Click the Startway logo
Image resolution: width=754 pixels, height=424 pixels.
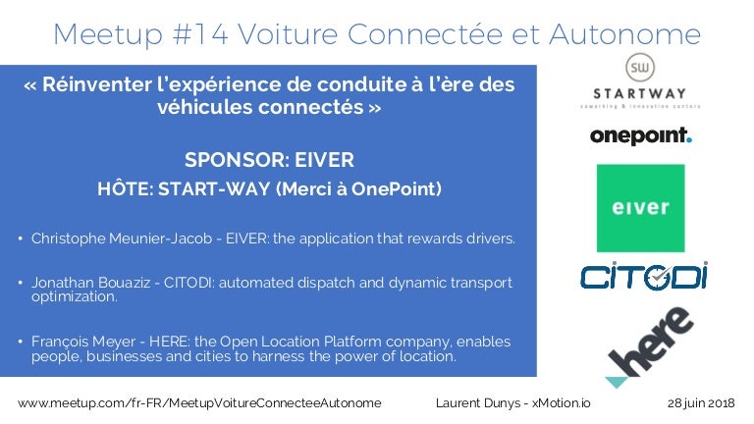(x=640, y=80)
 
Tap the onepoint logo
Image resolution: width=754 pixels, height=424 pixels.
(x=641, y=135)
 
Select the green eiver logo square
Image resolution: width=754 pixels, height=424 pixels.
(x=640, y=208)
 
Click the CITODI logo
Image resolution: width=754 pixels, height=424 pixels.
(x=644, y=276)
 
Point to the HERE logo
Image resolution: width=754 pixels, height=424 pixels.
(x=649, y=347)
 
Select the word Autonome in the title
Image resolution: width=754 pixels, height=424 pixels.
(x=624, y=34)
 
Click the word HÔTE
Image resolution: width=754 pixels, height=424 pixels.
(x=125, y=188)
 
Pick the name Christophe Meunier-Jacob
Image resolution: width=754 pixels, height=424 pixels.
(x=122, y=238)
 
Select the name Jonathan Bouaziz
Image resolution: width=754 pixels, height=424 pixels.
(x=91, y=283)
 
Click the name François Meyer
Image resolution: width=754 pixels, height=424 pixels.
(x=83, y=342)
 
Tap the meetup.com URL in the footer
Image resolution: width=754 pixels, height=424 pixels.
(x=199, y=402)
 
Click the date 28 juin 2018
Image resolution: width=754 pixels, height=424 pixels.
(x=701, y=402)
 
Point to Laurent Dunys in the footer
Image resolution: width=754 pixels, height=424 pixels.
(x=478, y=402)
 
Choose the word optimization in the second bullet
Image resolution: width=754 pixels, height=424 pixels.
(x=74, y=296)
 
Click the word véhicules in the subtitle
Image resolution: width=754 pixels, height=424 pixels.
(x=205, y=107)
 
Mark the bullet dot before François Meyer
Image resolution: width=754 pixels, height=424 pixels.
(x=21, y=342)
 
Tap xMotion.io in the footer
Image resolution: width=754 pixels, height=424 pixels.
(x=562, y=402)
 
